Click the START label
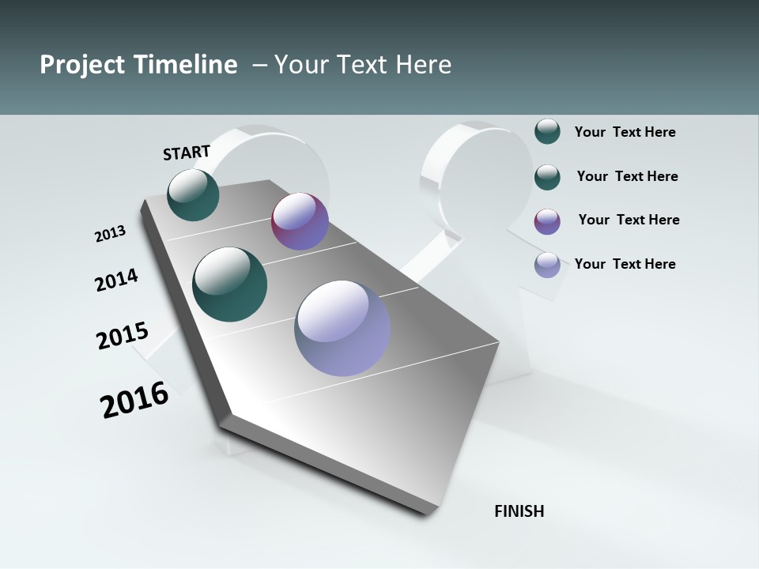point(187,153)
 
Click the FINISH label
point(519,511)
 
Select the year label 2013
point(110,234)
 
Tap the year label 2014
point(116,280)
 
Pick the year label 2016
point(134,400)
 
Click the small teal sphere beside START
point(193,194)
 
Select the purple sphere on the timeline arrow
point(300,221)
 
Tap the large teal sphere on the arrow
point(230,284)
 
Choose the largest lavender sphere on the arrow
point(342,327)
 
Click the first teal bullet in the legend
point(547,132)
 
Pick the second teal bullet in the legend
point(547,177)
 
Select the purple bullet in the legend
point(547,221)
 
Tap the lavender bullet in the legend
point(547,265)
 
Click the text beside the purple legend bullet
point(629,220)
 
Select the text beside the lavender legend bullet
point(625,264)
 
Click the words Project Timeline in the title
point(138,65)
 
